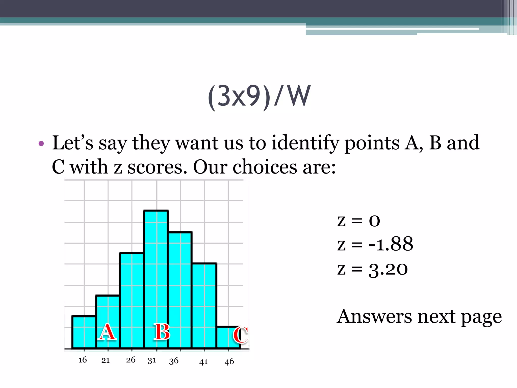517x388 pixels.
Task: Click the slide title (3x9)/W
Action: tap(259, 96)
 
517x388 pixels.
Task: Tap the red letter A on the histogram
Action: tap(108, 332)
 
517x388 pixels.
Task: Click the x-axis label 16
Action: tap(83, 360)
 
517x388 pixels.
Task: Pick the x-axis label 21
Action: tap(106, 360)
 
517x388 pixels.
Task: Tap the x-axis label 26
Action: tap(131, 360)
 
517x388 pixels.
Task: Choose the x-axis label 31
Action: tap(152, 360)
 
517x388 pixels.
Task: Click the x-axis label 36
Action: tap(174, 361)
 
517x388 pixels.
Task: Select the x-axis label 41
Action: tap(203, 362)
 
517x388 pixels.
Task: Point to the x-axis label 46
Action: tap(229, 362)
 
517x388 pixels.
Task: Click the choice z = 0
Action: tap(358, 221)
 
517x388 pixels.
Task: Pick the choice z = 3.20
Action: tap(372, 269)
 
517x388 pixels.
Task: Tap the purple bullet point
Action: tap(41, 144)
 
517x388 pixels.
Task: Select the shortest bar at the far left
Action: tap(84, 332)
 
